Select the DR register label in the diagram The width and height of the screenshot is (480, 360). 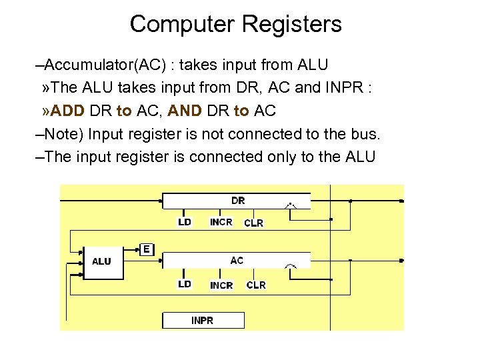(237, 200)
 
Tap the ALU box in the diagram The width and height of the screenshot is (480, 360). (101, 261)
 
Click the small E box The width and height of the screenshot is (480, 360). (147, 249)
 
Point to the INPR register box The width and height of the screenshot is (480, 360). (203, 320)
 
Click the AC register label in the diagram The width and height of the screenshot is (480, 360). (237, 260)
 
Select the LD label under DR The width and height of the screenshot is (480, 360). (185, 223)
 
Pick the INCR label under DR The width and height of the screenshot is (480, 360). (221, 223)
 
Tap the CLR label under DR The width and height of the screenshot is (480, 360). (254, 223)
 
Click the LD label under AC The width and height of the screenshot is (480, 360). (185, 284)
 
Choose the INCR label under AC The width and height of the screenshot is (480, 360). (221, 285)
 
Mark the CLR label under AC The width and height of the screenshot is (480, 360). (256, 285)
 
